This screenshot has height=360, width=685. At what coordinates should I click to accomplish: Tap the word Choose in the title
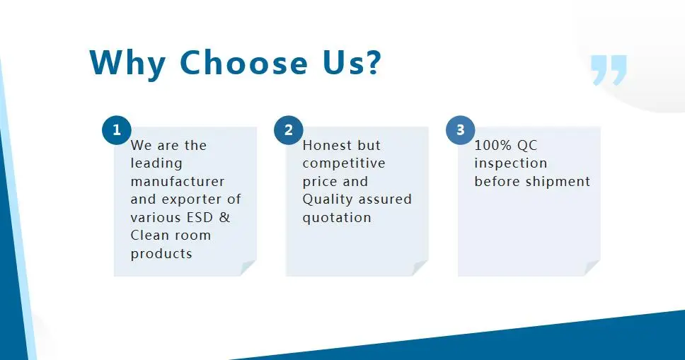pos(244,62)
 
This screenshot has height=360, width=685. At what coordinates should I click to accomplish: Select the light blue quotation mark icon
pos(609,69)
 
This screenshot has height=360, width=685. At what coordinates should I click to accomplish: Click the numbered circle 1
pos(117,129)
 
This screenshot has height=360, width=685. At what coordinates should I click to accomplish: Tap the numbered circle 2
pos(288,129)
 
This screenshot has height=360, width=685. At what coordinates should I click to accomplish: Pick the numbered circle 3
pos(461,129)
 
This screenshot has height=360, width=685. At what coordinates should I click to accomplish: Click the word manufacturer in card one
pos(178,181)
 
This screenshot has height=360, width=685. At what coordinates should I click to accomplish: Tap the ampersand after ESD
pos(224,217)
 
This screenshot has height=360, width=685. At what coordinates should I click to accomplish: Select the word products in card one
pos(161,254)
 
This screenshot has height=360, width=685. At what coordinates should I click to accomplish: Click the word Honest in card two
pos(328,145)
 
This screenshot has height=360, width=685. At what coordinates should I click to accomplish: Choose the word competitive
pos(344,164)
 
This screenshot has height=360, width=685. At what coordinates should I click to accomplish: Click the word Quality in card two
pos(326,199)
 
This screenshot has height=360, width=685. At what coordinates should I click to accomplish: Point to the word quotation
pos(336,218)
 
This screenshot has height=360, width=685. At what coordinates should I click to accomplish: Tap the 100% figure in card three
pos(493,145)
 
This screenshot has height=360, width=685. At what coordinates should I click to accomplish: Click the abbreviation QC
pos(527,146)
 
